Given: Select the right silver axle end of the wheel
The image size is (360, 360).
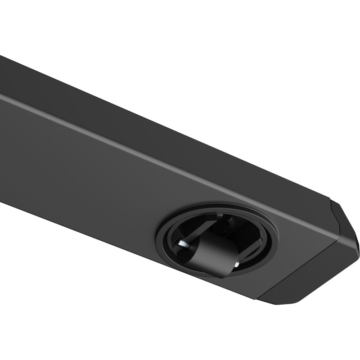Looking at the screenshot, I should click(x=234, y=267).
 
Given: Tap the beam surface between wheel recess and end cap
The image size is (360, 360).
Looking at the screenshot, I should click(x=301, y=243).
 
